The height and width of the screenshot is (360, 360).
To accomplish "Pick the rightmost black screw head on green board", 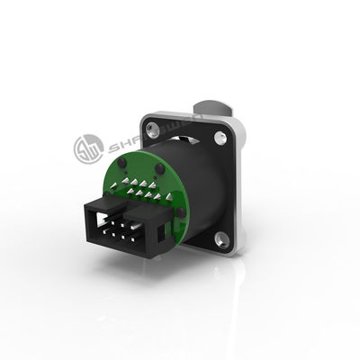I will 180,212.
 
